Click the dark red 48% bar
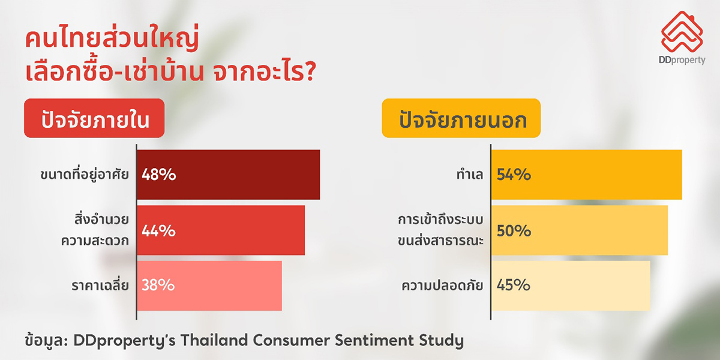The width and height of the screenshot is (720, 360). coord(229,175)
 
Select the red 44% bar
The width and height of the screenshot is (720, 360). coord(221,230)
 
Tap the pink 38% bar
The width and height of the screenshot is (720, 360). coord(209,286)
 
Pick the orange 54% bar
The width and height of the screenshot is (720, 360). coord(587,175)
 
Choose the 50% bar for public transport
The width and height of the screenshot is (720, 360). coord(580,230)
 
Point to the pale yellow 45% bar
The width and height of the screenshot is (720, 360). coord(571,286)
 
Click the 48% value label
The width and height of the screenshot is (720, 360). coord(159,175)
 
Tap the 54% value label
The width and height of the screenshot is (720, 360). coord(514,175)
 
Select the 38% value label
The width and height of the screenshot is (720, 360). coord(158,285)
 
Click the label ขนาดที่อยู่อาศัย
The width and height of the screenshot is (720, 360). coord(85,174)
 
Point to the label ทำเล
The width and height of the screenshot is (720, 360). coord(470,175)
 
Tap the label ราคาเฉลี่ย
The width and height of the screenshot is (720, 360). coord(100,284)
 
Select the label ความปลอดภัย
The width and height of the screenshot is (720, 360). coord(442,284)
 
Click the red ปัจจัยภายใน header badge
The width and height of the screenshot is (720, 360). coord(94,118)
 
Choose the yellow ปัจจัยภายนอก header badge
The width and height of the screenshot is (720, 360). coord(461,118)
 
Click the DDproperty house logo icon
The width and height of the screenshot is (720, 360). coord(682,32)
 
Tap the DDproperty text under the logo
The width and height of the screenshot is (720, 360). coord(682,60)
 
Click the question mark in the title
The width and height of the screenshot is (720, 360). coord(310,71)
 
